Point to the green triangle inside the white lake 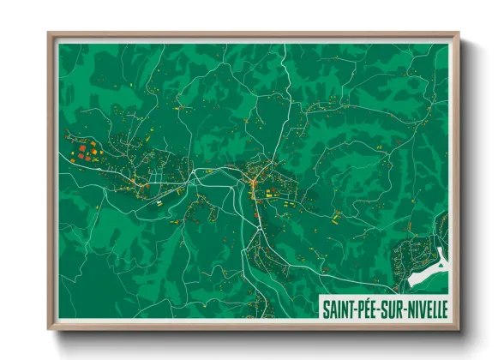point(440,264)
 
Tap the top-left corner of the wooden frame point(49,33)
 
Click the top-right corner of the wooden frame point(458,33)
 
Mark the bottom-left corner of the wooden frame point(49,328)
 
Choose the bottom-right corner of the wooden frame point(458,328)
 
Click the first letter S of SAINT point(326,307)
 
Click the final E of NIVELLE point(445,307)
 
